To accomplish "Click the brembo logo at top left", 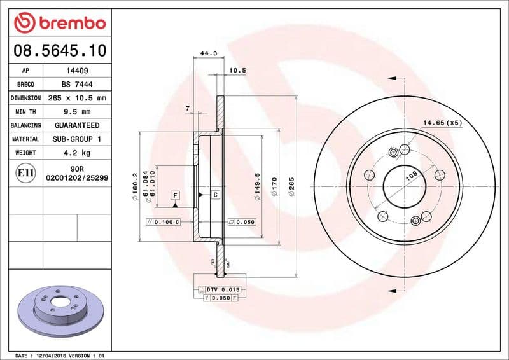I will point(59,24).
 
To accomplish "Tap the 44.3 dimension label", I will point(204,53).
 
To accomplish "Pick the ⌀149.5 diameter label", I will point(257,187).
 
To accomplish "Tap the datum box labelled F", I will point(174,194).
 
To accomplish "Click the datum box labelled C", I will point(215,194).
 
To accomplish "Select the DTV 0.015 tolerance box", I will point(219,289).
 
